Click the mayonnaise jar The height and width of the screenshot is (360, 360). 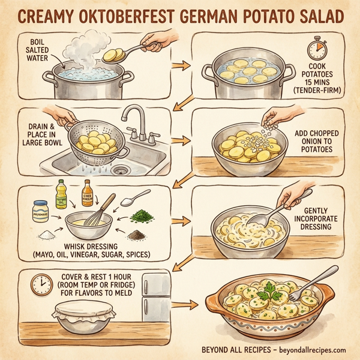(x=40, y=211)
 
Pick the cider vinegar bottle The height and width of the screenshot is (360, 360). (x=88, y=194)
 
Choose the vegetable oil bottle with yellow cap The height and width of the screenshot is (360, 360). (x=61, y=195)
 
